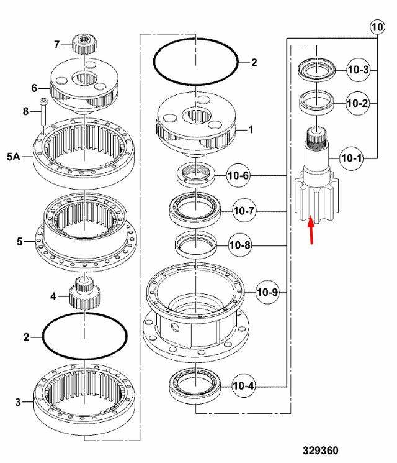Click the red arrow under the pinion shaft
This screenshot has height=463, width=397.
[x=311, y=230]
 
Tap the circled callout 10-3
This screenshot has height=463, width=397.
[x=358, y=70]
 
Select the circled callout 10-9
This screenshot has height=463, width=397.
[x=267, y=292]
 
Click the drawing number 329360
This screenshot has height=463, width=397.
[x=320, y=451]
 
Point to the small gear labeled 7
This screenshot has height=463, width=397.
[x=85, y=44]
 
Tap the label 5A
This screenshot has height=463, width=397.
[x=14, y=157]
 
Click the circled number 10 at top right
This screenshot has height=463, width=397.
[x=378, y=27]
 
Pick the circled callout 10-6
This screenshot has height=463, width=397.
[x=238, y=176]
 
